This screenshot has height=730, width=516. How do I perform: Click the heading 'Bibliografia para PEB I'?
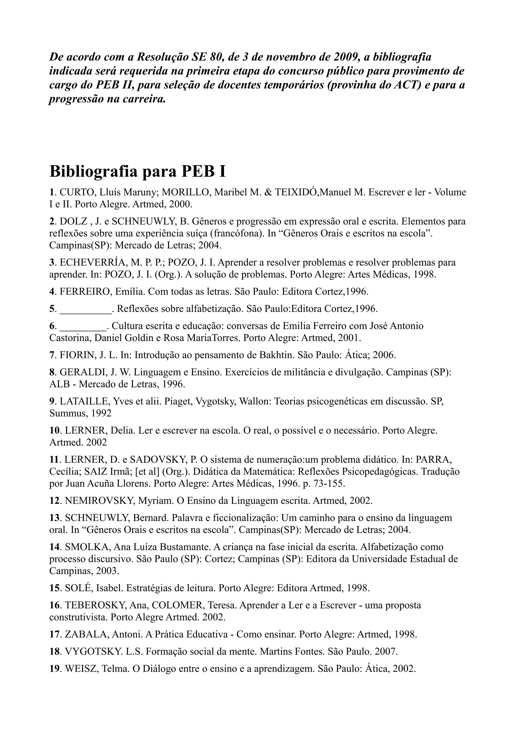pyautogui.click(x=137, y=171)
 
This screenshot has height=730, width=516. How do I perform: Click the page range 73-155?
pyautogui.click(x=329, y=484)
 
